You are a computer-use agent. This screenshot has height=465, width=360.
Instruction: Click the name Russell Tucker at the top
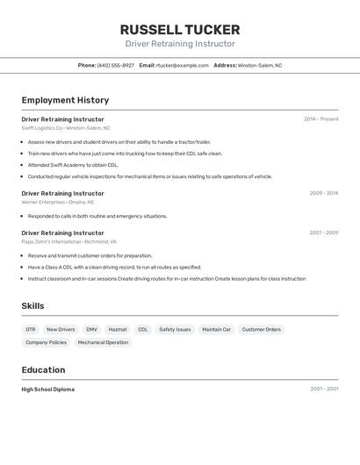click(179, 30)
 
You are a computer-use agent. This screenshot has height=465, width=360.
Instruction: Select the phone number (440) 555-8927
click(116, 65)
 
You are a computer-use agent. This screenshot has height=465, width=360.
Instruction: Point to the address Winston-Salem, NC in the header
click(260, 65)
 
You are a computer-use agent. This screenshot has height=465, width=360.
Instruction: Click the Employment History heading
click(65, 100)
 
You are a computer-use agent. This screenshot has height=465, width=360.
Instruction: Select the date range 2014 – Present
click(320, 119)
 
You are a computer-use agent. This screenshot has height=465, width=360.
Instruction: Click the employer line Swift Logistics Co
click(66, 128)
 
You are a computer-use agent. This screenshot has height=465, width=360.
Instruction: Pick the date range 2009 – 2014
click(323, 193)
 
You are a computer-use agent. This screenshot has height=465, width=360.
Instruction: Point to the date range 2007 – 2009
click(323, 232)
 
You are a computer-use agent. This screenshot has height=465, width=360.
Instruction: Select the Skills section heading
click(33, 305)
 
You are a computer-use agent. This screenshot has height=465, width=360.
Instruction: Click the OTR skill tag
click(31, 330)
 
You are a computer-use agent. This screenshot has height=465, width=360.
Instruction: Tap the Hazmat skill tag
click(118, 330)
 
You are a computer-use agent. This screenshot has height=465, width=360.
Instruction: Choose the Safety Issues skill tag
click(175, 330)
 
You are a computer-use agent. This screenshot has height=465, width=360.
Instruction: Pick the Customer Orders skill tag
click(261, 330)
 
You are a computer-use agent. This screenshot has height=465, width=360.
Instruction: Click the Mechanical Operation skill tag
click(103, 343)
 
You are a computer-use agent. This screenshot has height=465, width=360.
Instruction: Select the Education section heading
click(43, 369)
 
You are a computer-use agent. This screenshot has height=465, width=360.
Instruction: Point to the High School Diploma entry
click(48, 390)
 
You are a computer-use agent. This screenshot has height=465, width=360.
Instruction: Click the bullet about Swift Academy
click(73, 165)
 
